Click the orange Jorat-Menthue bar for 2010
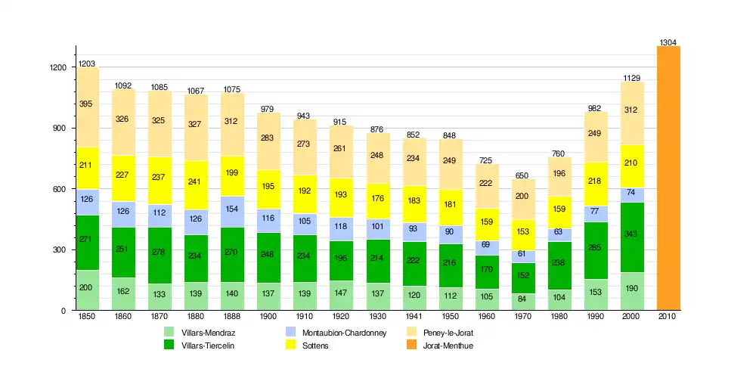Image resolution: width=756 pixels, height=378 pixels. tap(668, 178)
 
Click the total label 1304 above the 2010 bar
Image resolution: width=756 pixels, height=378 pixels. tap(668, 42)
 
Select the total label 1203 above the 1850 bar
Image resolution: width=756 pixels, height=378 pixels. tap(88, 64)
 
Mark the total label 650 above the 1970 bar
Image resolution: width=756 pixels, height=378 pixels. tap(523, 175)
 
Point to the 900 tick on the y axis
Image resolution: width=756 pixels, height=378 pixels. tap(57, 129)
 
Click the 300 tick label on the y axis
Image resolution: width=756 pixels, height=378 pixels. tap(57, 250)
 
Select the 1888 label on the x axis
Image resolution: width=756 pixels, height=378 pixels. tap(233, 318)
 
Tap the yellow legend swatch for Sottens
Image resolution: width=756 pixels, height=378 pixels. tap(290, 345)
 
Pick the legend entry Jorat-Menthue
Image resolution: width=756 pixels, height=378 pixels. tap(449, 345)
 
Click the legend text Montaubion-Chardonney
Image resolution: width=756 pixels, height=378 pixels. tap(344, 333)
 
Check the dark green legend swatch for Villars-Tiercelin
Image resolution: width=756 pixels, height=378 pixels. tap(169, 345)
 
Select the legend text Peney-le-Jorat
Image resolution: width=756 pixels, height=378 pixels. tap(448, 333)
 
